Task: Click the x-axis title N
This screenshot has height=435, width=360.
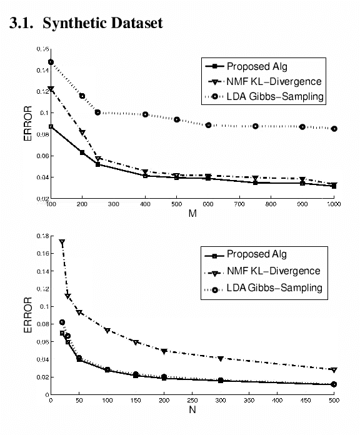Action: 192,411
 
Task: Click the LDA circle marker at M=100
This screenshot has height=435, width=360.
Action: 51,62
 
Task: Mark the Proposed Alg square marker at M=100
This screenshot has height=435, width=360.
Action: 51,127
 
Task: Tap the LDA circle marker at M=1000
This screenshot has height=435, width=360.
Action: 334,129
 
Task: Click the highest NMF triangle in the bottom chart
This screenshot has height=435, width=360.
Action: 62,242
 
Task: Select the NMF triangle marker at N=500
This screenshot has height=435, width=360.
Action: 334,370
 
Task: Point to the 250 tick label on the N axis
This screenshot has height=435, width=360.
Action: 192,401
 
